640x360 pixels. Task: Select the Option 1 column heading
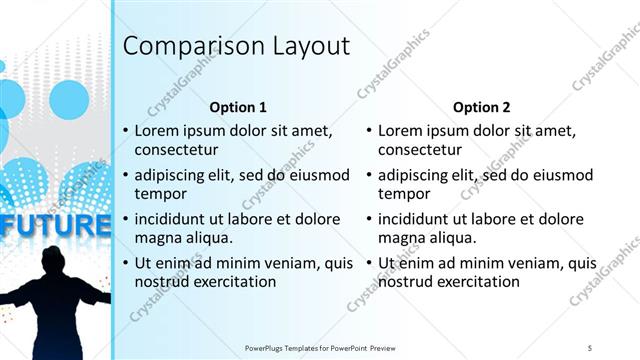(238, 106)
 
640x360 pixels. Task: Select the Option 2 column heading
(481, 106)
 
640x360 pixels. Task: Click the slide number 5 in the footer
(590, 347)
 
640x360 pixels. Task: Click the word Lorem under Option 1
(157, 130)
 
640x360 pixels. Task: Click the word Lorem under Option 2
(401, 130)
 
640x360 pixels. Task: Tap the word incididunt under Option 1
(173, 219)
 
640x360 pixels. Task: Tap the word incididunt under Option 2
(417, 219)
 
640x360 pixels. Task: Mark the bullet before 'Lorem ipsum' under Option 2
(369, 130)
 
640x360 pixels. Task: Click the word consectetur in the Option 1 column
(176, 150)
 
